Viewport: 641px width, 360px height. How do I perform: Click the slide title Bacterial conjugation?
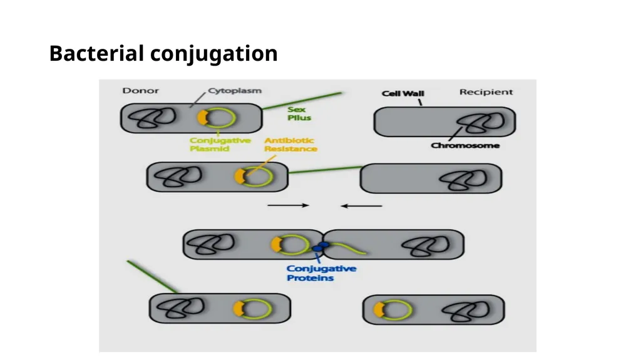tap(163, 54)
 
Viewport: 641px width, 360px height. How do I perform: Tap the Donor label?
tap(140, 90)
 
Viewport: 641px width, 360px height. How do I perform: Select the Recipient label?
tap(486, 92)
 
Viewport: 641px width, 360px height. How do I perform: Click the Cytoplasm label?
tap(235, 90)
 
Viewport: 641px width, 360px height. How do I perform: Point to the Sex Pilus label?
tap(299, 113)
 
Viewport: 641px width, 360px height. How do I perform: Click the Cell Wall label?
tap(403, 93)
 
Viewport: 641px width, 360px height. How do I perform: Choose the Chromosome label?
tap(465, 145)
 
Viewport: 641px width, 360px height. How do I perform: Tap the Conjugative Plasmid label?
tap(220, 145)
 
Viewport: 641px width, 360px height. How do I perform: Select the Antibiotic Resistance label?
tap(290, 145)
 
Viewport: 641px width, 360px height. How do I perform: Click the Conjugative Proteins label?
tap(321, 273)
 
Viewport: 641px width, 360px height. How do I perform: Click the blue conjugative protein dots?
tap(320, 247)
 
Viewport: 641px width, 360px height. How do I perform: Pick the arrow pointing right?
tap(288, 205)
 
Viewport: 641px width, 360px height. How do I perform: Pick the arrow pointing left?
tap(361, 206)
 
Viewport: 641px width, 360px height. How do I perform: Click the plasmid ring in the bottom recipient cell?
tap(411, 310)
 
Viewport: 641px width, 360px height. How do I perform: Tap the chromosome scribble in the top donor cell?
tap(151, 118)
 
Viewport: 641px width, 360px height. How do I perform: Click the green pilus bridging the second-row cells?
tap(325, 170)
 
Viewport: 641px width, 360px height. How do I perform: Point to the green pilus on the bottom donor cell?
tap(153, 277)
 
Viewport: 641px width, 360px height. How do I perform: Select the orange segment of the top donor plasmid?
tap(202, 118)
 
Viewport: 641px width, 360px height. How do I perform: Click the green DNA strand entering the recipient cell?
tap(347, 248)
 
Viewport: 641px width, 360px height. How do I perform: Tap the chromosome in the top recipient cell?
tap(480, 123)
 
